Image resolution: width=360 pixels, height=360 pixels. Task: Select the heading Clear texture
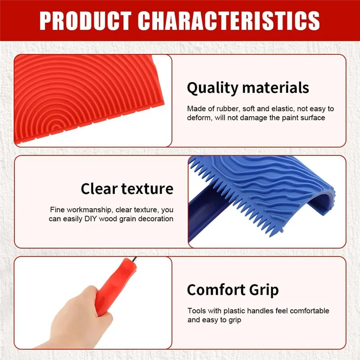[x=127, y=189]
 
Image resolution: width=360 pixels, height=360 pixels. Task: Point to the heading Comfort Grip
[x=233, y=290]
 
